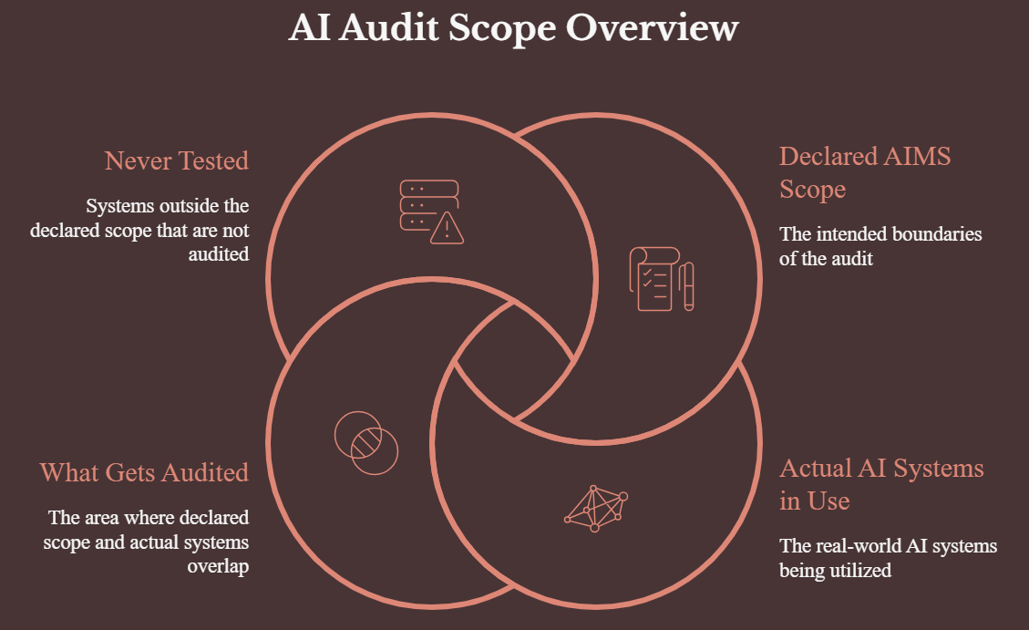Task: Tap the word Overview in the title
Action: pyautogui.click(x=653, y=27)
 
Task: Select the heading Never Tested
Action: pyautogui.click(x=177, y=160)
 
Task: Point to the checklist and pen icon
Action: pyautogui.click(x=662, y=279)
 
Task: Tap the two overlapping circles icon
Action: pyautogui.click(x=366, y=443)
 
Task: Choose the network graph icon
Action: pyautogui.click(x=596, y=509)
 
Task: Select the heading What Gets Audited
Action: pyautogui.click(x=144, y=472)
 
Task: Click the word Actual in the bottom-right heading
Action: pyautogui.click(x=816, y=468)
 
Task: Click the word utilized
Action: pyautogui.click(x=861, y=570)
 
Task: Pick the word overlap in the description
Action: pyautogui.click(x=218, y=566)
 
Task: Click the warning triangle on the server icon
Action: pyautogui.click(x=448, y=228)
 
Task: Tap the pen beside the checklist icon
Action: pyautogui.click(x=687, y=286)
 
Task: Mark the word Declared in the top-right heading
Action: pyautogui.click(x=828, y=156)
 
